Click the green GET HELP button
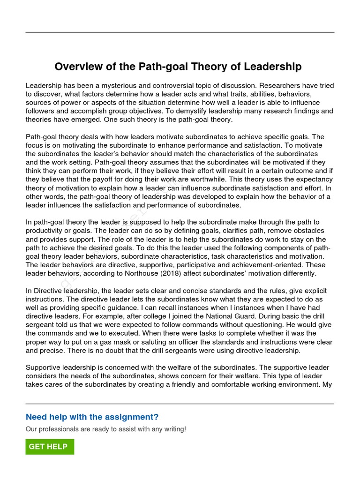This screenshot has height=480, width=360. (50, 447)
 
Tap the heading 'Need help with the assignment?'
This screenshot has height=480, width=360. (92, 417)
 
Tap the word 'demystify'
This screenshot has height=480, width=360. (223, 111)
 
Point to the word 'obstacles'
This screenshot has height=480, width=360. (307, 231)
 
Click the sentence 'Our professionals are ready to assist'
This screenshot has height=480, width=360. (105, 429)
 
